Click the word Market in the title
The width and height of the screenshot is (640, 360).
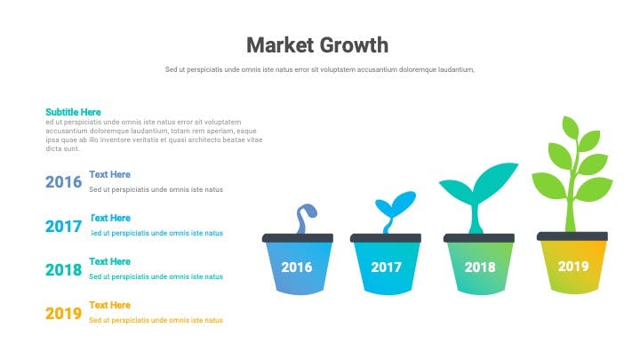pos(280,45)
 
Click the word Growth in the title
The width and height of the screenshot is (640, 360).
pos(353,45)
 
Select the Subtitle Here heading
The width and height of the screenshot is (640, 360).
pos(73,112)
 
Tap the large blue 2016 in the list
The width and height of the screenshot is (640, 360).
pos(64,182)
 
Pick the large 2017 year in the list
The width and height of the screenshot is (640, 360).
pos(64,226)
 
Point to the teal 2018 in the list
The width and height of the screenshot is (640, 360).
pos(64,270)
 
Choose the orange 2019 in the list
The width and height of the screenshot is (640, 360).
pos(64,314)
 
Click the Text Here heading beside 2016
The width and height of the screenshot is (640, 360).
pos(110,174)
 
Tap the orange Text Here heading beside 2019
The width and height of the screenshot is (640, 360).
pos(110,305)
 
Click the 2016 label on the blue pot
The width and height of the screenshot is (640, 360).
pos(297,268)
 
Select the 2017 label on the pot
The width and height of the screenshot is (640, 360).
pos(386,268)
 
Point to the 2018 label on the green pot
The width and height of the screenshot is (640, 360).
pos(480,268)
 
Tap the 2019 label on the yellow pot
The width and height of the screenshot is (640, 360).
pos(573,267)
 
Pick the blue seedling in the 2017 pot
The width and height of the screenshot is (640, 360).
pos(394,209)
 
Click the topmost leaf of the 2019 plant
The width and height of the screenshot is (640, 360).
pos(570,127)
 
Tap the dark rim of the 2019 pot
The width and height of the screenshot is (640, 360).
pos(572,236)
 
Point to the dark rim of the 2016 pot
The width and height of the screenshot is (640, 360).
pos(298,238)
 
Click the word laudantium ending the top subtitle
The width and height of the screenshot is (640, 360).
pos(456,70)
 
